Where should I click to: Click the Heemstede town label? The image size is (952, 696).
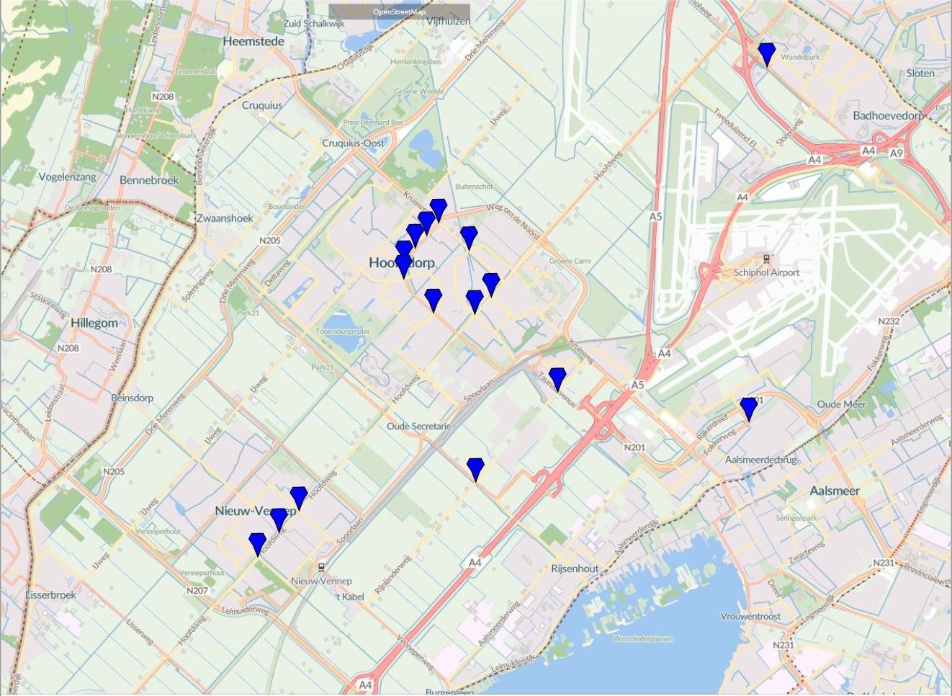pyautogui.click(x=253, y=42)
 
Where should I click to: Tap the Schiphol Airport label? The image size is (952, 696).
pyautogui.click(x=766, y=272)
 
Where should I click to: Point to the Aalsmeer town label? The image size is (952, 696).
pyautogui.click(x=835, y=491)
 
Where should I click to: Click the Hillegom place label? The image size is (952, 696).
pyautogui.click(x=94, y=323)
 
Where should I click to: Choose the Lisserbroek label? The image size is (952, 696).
pyautogui.click(x=50, y=595)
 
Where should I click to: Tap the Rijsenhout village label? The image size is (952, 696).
pyautogui.click(x=575, y=568)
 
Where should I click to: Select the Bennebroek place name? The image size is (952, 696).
pyautogui.click(x=149, y=180)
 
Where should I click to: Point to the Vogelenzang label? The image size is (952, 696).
pyautogui.click(x=67, y=177)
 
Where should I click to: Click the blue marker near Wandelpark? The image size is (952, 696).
pyautogui.click(x=767, y=53)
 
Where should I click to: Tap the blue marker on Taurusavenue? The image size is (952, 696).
pyautogui.click(x=557, y=378)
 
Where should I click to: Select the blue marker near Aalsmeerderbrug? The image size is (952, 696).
pyautogui.click(x=749, y=408)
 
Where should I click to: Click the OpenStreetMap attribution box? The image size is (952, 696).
pyautogui.click(x=399, y=12)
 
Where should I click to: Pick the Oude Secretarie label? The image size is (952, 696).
pyautogui.click(x=418, y=427)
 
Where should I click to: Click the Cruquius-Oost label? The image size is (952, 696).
pyautogui.click(x=353, y=143)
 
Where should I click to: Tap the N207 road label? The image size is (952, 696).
pyautogui.click(x=197, y=591)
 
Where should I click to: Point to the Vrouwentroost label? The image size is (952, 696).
pyautogui.click(x=750, y=617)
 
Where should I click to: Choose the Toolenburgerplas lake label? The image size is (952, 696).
pyautogui.click(x=343, y=331)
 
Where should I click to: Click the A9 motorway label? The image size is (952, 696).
pyautogui.click(x=896, y=153)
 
